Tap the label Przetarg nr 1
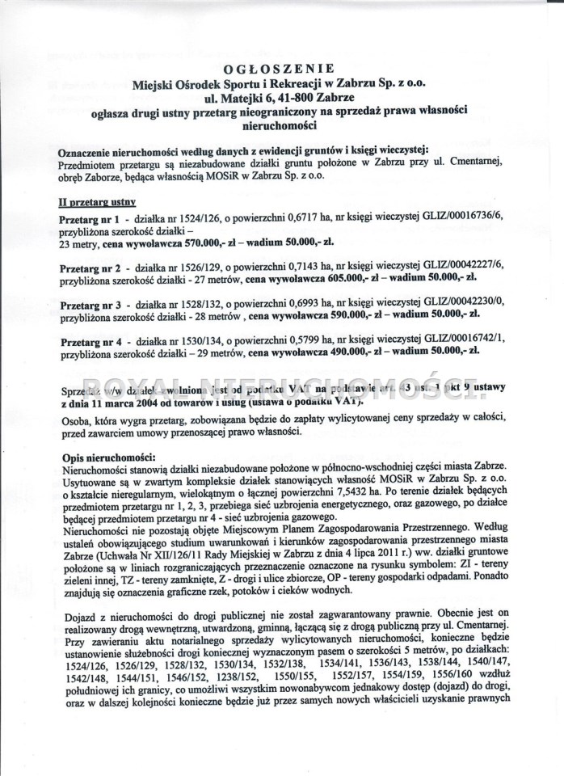(89, 220)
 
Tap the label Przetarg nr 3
(89, 303)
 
